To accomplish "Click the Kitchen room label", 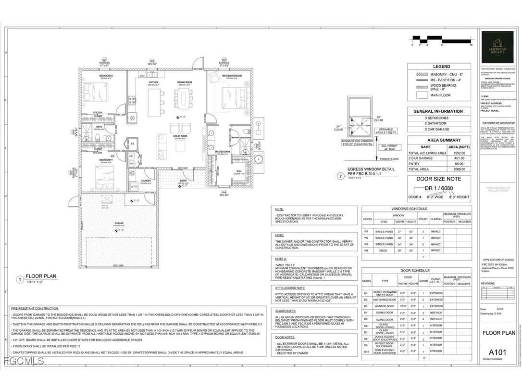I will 153,83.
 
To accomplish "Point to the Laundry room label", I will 146,181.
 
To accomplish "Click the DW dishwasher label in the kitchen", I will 142,76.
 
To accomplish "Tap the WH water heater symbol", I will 131,164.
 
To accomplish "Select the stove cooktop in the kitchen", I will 131,101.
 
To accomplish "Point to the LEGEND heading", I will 441,66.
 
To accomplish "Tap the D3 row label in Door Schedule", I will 366,306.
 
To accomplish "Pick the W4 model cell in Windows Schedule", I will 366,250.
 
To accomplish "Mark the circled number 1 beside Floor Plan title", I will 20,279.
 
